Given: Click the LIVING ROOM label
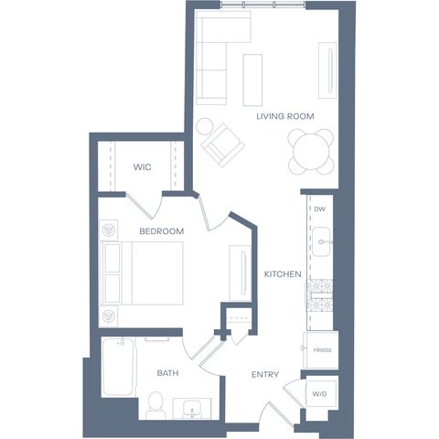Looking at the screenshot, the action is pyautogui.click(x=285, y=116).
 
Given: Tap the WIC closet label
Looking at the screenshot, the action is pyautogui.click(x=142, y=167).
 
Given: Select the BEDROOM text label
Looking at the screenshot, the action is pyautogui.click(x=162, y=231).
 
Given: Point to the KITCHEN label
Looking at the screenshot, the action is pyautogui.click(x=283, y=274).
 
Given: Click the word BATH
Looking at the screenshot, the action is pyautogui.click(x=167, y=373).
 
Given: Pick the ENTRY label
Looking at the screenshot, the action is pyautogui.click(x=265, y=374).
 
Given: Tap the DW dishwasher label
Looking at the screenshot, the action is pyautogui.click(x=319, y=209).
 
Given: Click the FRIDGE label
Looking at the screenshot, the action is pyautogui.click(x=323, y=350).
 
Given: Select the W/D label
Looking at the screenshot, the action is pyautogui.click(x=319, y=394).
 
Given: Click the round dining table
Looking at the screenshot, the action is pyautogui.click(x=311, y=152).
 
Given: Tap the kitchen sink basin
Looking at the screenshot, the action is pyautogui.click(x=321, y=241).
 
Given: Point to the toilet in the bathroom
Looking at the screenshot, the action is pyautogui.click(x=155, y=406).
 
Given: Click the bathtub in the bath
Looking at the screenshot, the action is pyautogui.click(x=118, y=367).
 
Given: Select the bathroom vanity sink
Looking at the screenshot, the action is pyautogui.click(x=192, y=409).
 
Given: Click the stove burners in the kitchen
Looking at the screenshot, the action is pyautogui.click(x=319, y=294).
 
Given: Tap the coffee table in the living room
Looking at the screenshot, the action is pyautogui.click(x=252, y=80).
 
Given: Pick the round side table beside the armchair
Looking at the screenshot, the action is pyautogui.click(x=205, y=126).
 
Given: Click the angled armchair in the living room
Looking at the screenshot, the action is pyautogui.click(x=223, y=145).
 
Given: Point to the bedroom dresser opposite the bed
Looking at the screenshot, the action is pyautogui.click(x=241, y=273).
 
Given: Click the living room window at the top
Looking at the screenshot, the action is pyautogui.click(x=262, y=5).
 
